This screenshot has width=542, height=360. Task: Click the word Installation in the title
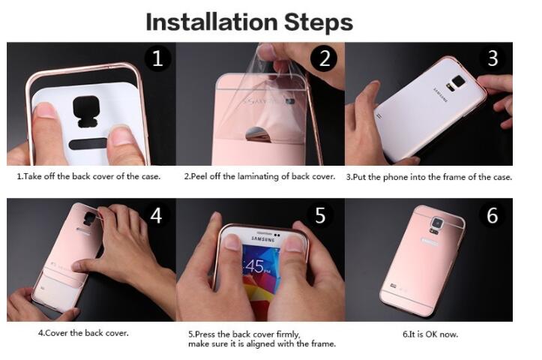212,22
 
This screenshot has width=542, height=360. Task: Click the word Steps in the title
319,22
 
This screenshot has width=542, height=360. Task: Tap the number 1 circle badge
157,58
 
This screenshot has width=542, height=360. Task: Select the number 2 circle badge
325,58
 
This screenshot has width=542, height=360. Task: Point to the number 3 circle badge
493,58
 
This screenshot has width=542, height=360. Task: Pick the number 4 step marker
156,215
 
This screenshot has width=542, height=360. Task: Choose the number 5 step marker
320,215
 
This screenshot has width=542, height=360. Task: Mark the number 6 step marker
493,215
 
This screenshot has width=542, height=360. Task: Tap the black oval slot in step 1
88,144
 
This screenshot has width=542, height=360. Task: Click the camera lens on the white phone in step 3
459,82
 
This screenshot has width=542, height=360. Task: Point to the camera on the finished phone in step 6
437,223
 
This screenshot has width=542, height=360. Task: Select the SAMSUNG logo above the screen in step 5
263,239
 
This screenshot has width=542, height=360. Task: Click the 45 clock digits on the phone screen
255,266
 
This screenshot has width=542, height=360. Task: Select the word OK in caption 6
432,334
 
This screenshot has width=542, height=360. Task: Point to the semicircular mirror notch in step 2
258,134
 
